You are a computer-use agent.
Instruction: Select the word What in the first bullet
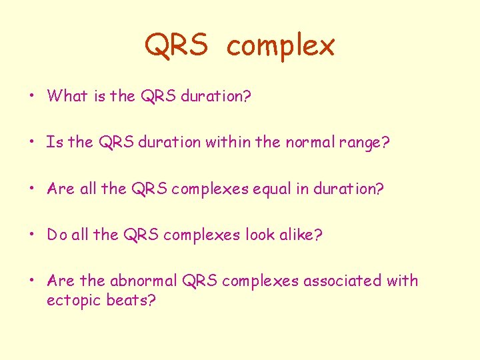[x=67, y=95]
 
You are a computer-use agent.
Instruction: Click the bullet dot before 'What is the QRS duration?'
[x=32, y=96]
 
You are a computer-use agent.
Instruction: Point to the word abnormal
[x=143, y=281]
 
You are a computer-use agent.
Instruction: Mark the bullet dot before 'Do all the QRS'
[x=32, y=235]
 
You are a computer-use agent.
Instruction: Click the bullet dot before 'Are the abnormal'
[x=32, y=281]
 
